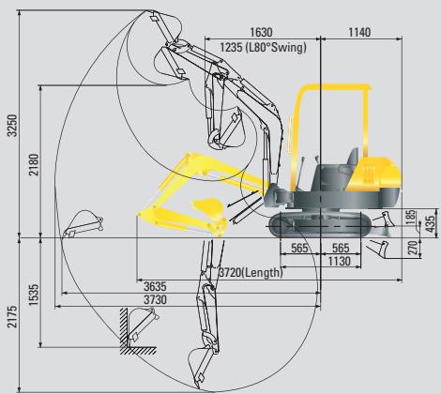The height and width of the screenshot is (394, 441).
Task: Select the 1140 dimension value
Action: point(358,33)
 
